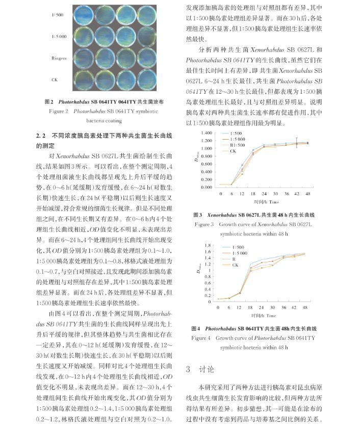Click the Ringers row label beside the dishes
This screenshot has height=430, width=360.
[59, 58]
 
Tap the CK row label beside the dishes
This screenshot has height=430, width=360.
[55, 80]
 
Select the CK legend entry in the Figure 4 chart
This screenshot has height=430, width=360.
[236, 265]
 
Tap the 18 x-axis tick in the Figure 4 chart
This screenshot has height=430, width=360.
[250, 308]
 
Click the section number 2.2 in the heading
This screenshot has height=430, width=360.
[41, 136]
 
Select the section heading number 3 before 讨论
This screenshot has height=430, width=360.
[188, 369]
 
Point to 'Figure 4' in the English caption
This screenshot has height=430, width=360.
[202, 338]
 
